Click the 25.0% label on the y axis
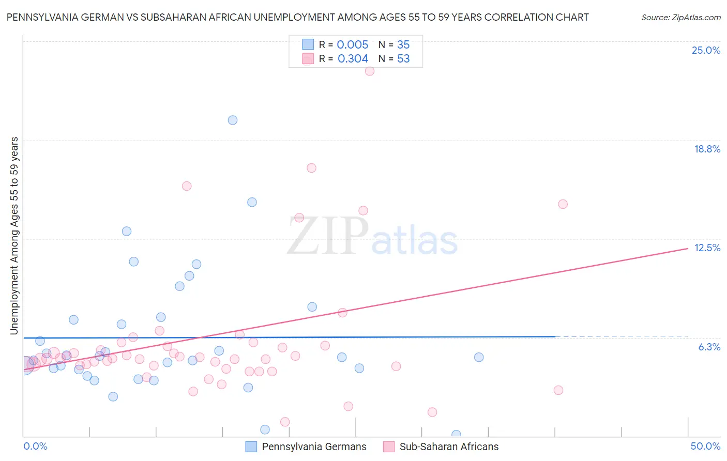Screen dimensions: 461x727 click(x=706, y=50)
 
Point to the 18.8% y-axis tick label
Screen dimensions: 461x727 click(x=707, y=149)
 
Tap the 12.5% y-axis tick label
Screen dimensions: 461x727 click(x=707, y=248)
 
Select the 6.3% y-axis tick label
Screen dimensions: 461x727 click(x=709, y=347)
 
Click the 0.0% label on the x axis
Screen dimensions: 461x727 click(x=35, y=446)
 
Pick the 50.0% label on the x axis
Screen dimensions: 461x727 click(x=705, y=446)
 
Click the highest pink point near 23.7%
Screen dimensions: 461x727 click(x=370, y=71)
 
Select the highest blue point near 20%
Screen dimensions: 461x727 click(x=233, y=120)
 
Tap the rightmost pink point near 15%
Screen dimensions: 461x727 click(x=563, y=204)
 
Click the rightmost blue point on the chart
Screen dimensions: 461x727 click(x=479, y=357)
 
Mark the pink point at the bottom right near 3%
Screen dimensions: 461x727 click(x=558, y=390)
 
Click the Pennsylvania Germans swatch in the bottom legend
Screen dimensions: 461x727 click(x=251, y=447)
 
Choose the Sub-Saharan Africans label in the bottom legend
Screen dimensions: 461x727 click(x=449, y=447)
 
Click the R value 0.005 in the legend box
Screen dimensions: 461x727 click(x=353, y=44)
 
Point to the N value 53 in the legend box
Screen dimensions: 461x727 click(x=403, y=59)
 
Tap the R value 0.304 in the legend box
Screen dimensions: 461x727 click(x=353, y=59)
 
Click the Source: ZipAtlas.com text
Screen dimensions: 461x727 click(x=680, y=17)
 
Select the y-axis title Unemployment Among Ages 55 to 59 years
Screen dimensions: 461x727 click(x=14, y=235)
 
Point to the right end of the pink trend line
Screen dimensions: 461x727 click(x=688, y=249)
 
